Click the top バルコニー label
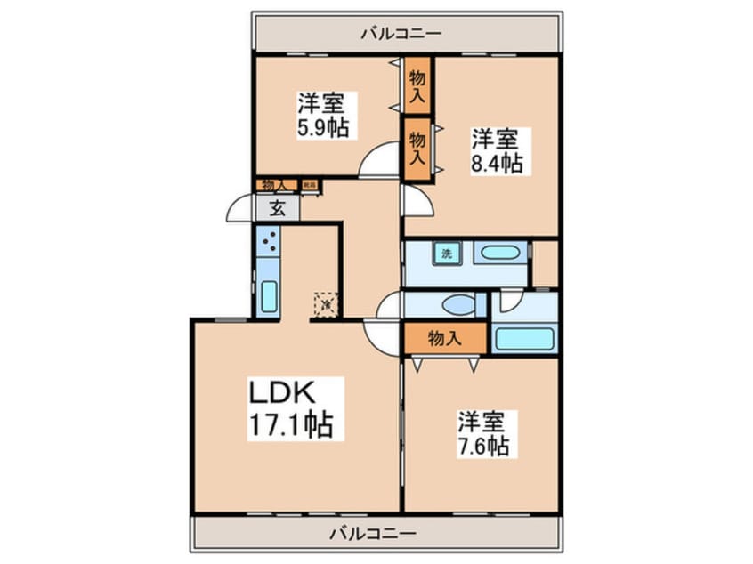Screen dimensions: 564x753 401,34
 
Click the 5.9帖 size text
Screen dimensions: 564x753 322,126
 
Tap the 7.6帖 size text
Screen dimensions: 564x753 483,445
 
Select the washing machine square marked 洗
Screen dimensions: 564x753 447,253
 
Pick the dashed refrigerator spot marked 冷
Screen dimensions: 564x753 326,303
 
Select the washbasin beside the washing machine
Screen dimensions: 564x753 499,253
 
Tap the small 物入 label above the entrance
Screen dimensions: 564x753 276,185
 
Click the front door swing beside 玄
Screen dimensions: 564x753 240,209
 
